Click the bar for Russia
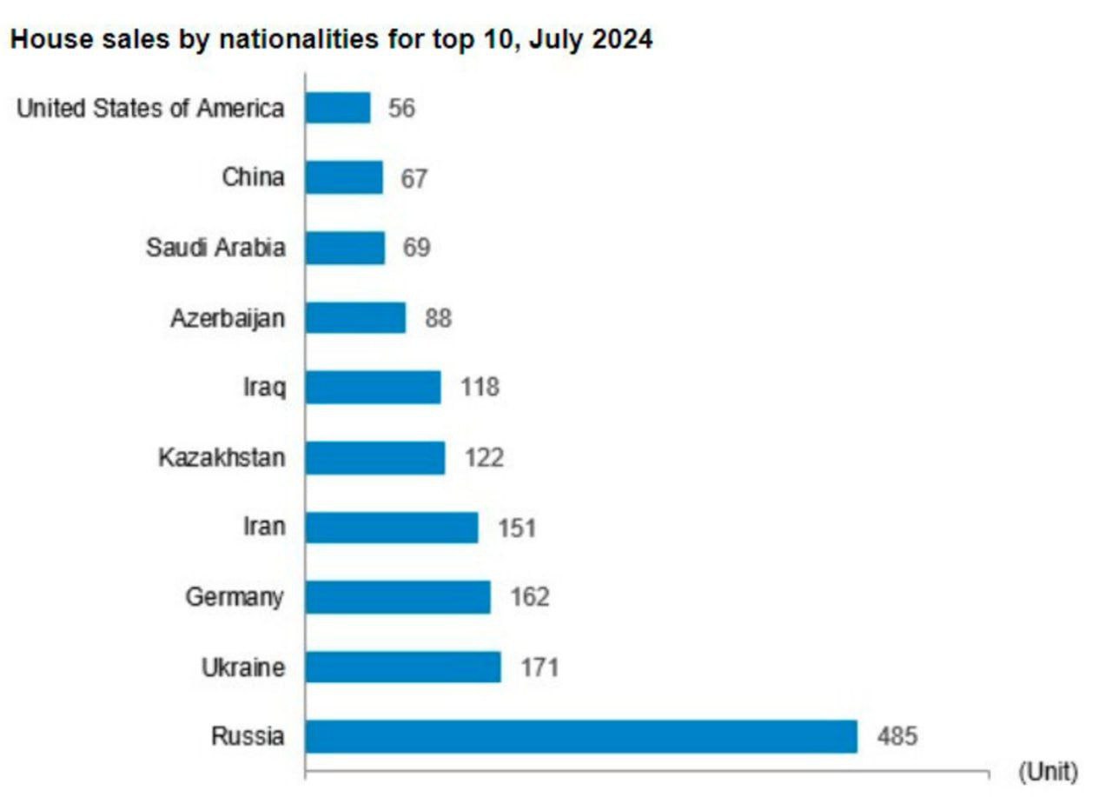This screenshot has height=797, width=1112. pos(580,736)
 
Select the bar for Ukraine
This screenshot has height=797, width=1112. pos(403,667)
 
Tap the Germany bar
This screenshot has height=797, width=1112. pos(398,597)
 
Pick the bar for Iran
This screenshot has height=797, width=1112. pos(392,527)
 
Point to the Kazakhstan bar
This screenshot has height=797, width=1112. pos(375,457)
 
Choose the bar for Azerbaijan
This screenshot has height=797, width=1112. pos(355,317)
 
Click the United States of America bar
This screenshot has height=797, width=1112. pos(338,108)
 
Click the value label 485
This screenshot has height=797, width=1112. pos(897,737)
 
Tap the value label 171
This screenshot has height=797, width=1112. pos(539,667)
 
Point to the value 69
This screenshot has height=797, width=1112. pos(415,248)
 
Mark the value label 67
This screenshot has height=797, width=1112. pos(414,178)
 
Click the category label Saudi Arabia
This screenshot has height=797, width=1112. pos(215,248)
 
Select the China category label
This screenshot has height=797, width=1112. pos(253,177)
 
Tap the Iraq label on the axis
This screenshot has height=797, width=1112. pos(264,387)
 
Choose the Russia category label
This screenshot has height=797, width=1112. pos(248,737)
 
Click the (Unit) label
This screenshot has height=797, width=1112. pos(1048,771)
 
